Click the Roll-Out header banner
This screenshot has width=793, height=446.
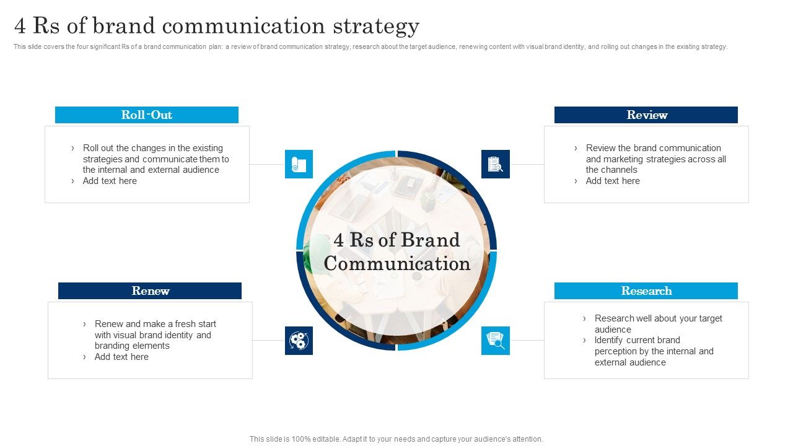tap(147, 115)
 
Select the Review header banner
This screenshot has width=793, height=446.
tap(646, 115)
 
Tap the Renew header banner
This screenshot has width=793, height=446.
tap(150, 291)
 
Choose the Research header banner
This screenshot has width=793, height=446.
tap(646, 291)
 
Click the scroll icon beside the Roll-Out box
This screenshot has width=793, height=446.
tap(299, 164)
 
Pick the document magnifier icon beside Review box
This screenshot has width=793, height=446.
tap(496, 164)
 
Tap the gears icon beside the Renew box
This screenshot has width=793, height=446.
tap(299, 341)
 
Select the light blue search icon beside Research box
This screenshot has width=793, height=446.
tap(496, 341)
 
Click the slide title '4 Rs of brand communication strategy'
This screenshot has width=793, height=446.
tap(217, 26)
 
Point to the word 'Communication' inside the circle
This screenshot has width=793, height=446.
tap(397, 264)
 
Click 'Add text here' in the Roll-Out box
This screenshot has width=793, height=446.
tap(110, 181)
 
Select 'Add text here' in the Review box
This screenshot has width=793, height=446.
tap(613, 181)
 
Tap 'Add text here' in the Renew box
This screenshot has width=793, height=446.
tap(121, 357)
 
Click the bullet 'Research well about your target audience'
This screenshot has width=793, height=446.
tap(658, 324)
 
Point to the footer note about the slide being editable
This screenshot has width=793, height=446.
tap(396, 439)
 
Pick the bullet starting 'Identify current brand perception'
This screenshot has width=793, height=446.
tap(654, 351)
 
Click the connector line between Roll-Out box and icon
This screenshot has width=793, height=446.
tap(267, 164)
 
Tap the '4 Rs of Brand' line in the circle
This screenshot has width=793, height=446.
tap(397, 240)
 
